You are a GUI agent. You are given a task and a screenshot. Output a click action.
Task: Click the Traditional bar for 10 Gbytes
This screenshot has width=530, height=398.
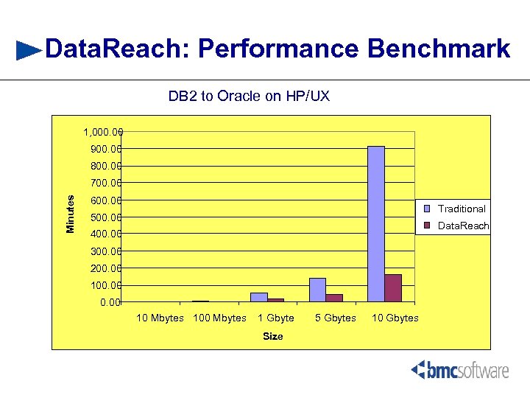(x=376, y=224)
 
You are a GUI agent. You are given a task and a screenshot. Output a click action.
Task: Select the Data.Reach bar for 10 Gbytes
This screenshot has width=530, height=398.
(x=393, y=288)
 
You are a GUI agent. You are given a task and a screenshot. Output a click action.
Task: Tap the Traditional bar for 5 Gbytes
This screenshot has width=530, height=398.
(x=317, y=290)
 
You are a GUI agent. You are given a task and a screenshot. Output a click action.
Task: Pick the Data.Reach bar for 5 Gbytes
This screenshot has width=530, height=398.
(x=334, y=298)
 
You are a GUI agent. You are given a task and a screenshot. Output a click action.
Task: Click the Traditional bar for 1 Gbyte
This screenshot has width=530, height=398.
(x=258, y=297)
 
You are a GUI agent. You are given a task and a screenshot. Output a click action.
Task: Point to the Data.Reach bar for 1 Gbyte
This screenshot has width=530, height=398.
(x=275, y=300)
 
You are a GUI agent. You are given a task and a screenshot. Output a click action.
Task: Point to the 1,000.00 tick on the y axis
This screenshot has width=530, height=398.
(x=102, y=133)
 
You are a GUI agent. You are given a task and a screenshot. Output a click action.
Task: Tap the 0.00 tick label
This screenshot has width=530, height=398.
(x=111, y=302)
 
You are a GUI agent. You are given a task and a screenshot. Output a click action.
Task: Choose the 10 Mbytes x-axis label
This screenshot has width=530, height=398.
(x=160, y=318)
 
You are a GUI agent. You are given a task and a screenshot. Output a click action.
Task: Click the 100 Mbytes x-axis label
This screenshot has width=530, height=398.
(x=219, y=318)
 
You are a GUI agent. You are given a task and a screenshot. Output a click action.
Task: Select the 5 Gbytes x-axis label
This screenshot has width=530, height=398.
(x=335, y=318)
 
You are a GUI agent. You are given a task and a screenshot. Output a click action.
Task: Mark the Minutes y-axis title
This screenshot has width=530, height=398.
(x=71, y=214)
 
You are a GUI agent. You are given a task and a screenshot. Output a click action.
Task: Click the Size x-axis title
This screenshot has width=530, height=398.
(x=273, y=336)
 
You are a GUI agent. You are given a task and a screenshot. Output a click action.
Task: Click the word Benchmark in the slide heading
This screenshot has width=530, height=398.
(x=439, y=49)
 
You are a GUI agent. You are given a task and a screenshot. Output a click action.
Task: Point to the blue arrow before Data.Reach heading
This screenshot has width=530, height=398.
(x=29, y=50)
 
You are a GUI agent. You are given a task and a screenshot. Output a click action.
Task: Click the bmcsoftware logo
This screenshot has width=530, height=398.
(x=460, y=370)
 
